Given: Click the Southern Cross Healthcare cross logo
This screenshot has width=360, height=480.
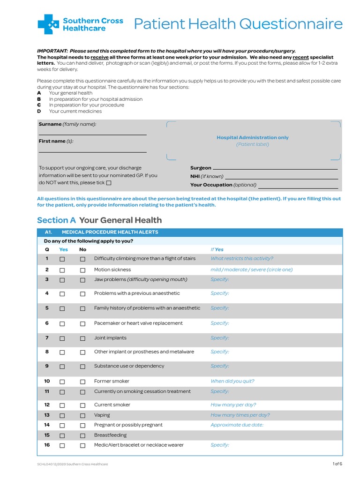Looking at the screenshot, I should (x=48, y=24).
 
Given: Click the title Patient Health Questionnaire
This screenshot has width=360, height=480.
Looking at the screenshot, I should (x=238, y=24).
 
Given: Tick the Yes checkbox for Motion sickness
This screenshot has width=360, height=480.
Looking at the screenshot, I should (x=62, y=270).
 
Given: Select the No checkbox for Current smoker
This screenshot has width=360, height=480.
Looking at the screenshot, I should (x=82, y=405).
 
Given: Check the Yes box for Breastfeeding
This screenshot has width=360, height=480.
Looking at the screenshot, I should (x=62, y=435).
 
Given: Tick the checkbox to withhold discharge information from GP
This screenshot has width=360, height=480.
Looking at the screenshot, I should (x=109, y=183).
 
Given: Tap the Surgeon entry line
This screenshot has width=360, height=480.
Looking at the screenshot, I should (x=275, y=168).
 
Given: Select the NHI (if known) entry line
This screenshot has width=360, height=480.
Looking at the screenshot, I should (x=281, y=177).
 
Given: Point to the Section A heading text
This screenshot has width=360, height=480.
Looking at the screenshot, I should (x=99, y=220).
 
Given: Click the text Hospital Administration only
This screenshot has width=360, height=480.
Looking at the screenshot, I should (x=252, y=138).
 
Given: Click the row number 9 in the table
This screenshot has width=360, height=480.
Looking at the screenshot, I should (x=47, y=366).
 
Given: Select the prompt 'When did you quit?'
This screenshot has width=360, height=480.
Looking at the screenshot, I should (x=232, y=382).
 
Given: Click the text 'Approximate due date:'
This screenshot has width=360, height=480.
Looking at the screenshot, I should (x=237, y=425).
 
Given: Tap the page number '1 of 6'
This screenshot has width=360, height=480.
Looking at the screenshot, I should (x=337, y=464).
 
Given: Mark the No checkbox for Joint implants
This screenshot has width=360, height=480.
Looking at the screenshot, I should (x=82, y=338).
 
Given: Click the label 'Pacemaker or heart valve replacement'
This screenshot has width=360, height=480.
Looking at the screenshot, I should (x=138, y=323).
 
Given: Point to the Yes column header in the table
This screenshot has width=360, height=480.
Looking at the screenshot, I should (x=63, y=250).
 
